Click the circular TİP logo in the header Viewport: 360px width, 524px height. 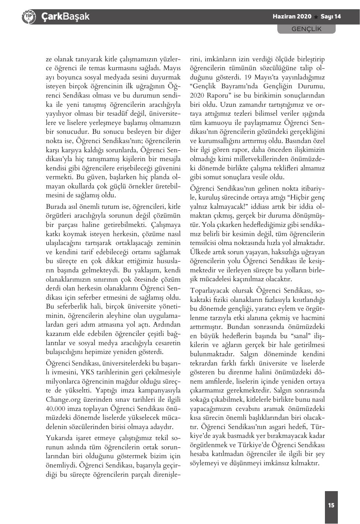(x=28, y=17)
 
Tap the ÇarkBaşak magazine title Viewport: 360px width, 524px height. (x=65, y=17)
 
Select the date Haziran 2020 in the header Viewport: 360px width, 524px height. (x=292, y=17)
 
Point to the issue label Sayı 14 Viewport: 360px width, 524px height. (x=330, y=17)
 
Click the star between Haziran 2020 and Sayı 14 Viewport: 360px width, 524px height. (x=316, y=17)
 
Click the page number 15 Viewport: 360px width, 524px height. (x=331, y=505)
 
